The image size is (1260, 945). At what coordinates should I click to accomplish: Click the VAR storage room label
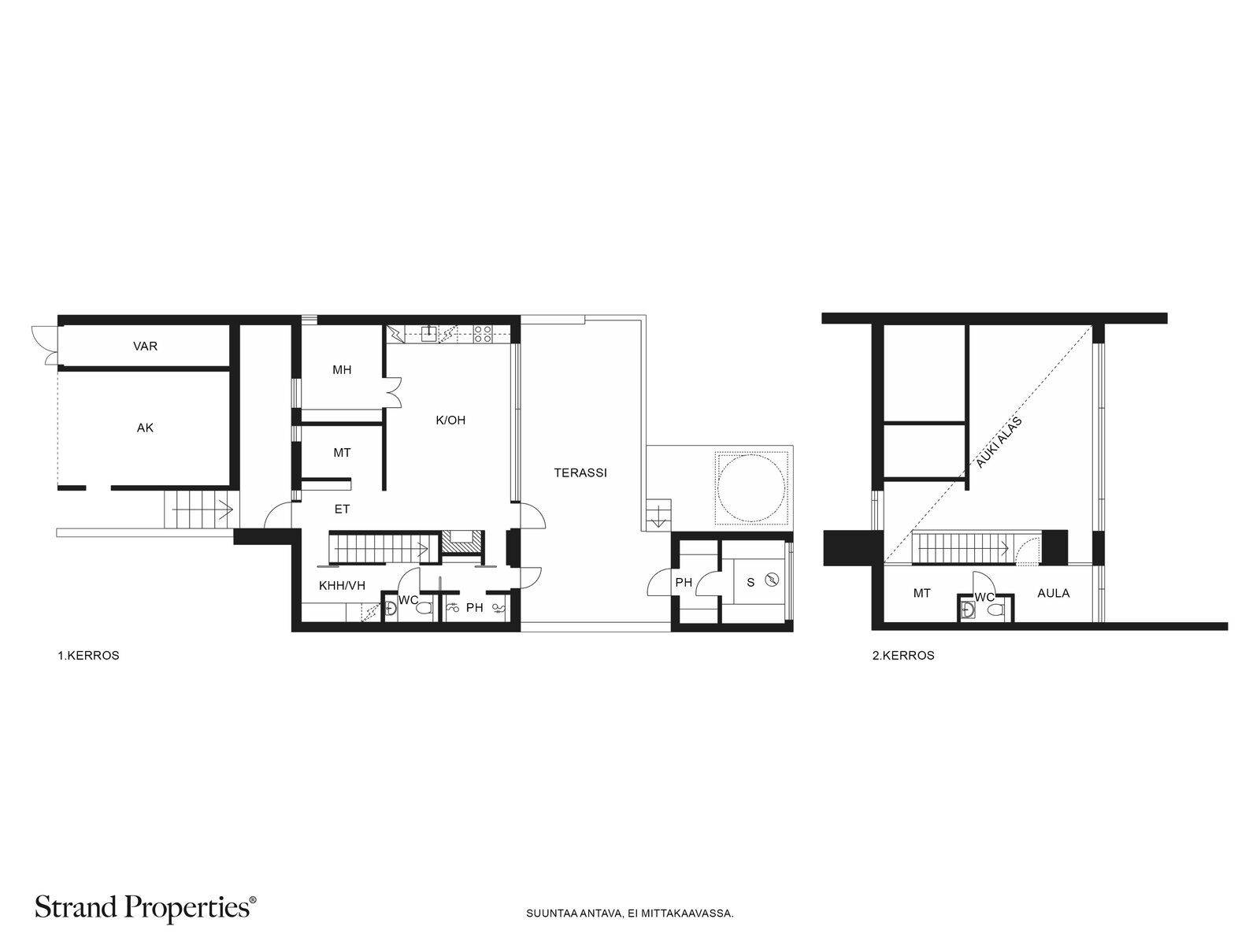click(145, 346)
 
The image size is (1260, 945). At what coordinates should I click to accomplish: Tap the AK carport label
click(145, 428)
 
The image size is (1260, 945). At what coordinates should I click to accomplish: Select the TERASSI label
click(580, 472)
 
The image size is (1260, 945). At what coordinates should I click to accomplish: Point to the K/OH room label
click(450, 420)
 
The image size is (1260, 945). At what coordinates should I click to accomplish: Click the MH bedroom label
click(342, 370)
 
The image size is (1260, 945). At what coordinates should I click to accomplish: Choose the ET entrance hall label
click(342, 509)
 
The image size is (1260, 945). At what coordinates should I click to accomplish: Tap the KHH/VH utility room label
click(342, 585)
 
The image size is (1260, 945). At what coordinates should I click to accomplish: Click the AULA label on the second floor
click(1054, 593)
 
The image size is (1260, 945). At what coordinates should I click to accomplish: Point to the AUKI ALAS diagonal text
click(999, 443)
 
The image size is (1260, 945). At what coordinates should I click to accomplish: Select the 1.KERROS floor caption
click(88, 656)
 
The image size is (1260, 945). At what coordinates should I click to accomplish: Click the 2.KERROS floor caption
click(903, 656)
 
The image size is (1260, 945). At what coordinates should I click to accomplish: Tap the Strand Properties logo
click(145, 908)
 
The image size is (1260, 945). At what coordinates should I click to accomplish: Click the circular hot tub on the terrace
click(750, 487)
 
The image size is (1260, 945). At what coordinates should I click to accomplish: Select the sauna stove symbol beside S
click(773, 580)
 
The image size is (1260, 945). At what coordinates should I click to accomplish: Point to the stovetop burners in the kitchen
click(482, 334)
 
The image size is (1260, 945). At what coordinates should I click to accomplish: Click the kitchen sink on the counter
click(429, 333)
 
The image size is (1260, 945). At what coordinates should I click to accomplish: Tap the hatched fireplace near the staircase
click(463, 543)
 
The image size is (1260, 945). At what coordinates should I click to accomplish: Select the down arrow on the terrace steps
click(658, 516)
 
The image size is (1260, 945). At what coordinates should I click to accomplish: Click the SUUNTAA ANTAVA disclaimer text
click(630, 913)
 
